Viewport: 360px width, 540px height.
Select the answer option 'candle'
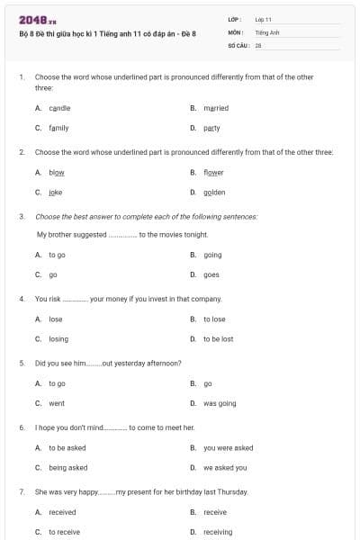pyautogui.click(x=59, y=108)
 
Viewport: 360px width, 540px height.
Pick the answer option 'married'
pyautogui.click(x=216, y=108)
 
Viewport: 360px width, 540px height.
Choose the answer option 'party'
pyautogui.click(x=211, y=128)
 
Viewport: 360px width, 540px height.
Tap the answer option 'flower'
pyautogui.click(x=213, y=172)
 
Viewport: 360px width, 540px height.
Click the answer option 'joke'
pyautogui.click(x=56, y=192)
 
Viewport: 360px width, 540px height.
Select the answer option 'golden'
pyautogui.click(x=214, y=192)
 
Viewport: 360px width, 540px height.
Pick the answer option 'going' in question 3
pyautogui.click(x=212, y=255)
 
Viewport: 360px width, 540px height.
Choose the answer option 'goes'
pyautogui.click(x=211, y=274)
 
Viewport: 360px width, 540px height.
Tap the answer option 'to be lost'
pyautogui.click(x=218, y=338)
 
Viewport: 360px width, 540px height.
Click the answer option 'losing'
pyautogui.click(x=58, y=338)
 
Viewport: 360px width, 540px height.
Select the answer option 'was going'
pyautogui.click(x=220, y=403)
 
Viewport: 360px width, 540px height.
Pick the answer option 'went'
pyautogui.click(x=57, y=403)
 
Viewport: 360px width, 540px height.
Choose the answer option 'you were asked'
pyautogui.click(x=228, y=447)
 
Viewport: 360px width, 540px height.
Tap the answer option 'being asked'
pyautogui.click(x=68, y=467)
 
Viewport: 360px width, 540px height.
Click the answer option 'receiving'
pyautogui.click(x=218, y=532)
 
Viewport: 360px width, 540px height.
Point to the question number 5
pyautogui.click(x=21, y=363)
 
